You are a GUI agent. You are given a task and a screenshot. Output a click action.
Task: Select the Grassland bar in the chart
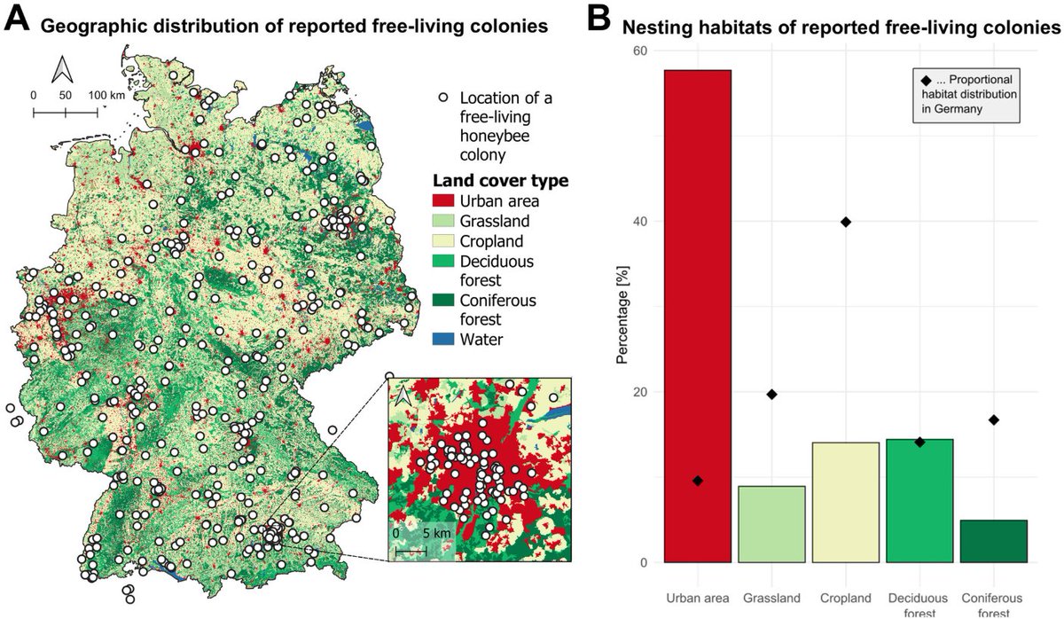[771, 524]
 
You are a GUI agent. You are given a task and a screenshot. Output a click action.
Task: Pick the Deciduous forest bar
[919, 500]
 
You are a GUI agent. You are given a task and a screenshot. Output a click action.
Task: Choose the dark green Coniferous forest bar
[993, 541]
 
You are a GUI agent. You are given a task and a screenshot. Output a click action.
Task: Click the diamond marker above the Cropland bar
[845, 222]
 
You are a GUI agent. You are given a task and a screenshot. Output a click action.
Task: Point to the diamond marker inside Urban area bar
[698, 481]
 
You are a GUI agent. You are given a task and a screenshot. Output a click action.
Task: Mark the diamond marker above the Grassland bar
[771, 395]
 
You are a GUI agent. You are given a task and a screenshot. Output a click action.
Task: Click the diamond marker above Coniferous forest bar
[994, 419]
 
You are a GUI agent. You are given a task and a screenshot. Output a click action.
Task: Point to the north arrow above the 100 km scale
[62, 69]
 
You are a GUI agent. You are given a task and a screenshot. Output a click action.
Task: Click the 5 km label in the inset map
[436, 534]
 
